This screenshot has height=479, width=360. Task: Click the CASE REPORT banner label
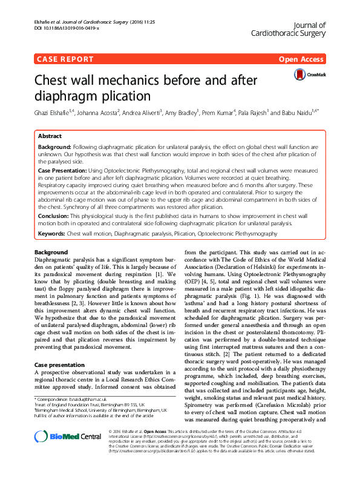click(64, 59)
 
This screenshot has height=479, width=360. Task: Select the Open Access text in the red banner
click(301, 59)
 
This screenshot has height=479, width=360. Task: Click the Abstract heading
click(50, 137)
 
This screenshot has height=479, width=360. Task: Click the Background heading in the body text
click(51, 252)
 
